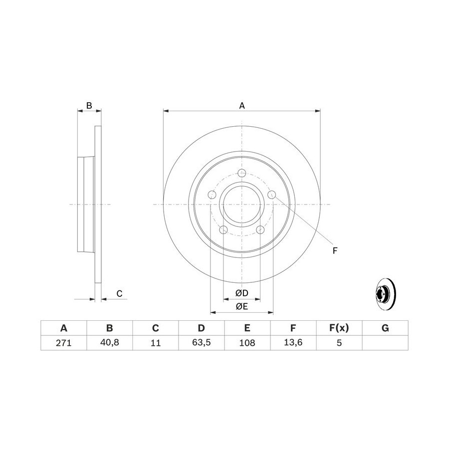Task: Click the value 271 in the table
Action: click(x=63, y=343)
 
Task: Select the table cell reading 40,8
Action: click(x=110, y=342)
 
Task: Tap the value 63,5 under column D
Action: click(x=202, y=342)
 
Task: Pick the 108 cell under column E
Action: click(x=247, y=343)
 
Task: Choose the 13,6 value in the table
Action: click(x=293, y=342)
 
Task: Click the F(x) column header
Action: click(x=339, y=328)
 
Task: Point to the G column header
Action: click(x=385, y=328)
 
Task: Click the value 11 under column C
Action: click(x=156, y=343)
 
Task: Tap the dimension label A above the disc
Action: click(x=242, y=106)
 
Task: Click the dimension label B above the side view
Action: click(x=89, y=105)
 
